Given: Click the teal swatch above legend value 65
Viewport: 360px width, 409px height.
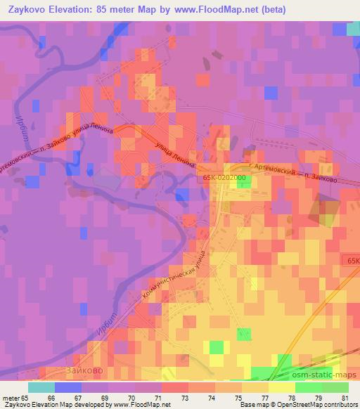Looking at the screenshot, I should click(x=41, y=387).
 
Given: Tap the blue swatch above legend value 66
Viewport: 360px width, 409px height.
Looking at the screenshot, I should click(x=68, y=387).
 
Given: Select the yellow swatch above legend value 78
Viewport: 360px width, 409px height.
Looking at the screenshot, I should click(x=281, y=387).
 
